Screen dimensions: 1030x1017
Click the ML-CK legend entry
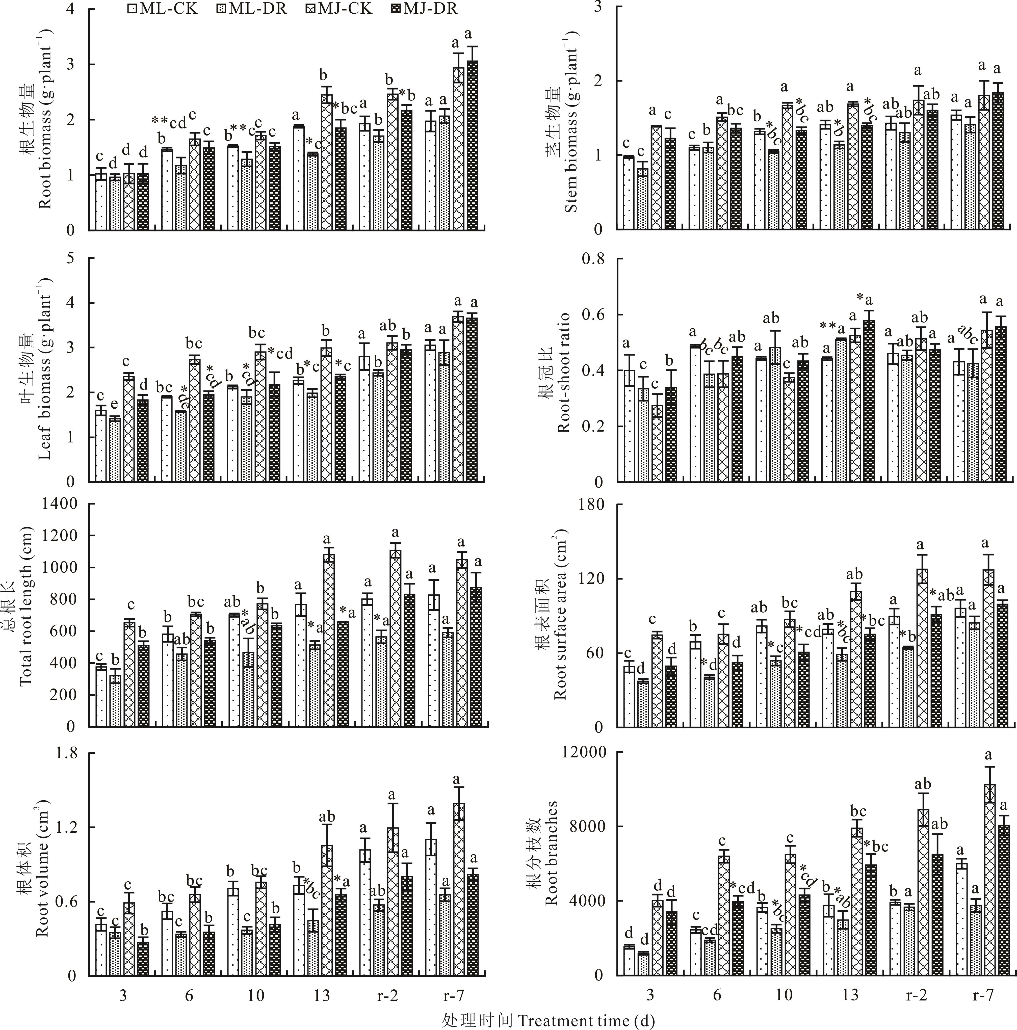tap(163, 9)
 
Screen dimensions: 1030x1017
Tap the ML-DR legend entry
tap(251, 9)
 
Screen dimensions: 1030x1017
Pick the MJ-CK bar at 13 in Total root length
tap(328, 640)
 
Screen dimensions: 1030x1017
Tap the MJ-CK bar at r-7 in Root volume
tap(459, 890)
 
